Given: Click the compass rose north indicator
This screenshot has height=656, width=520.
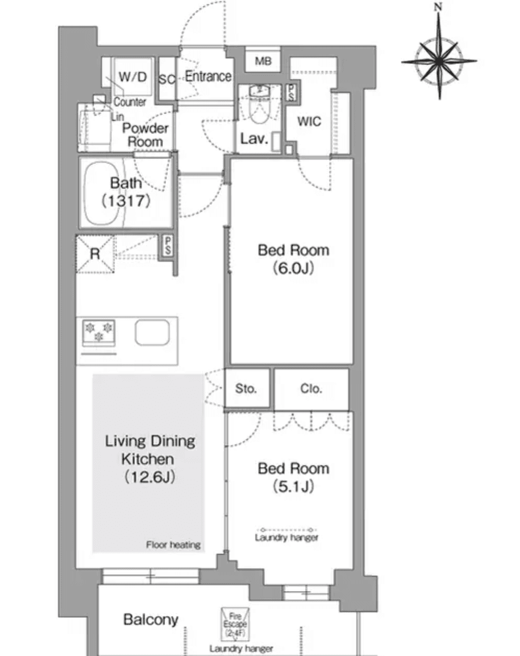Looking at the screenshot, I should (439, 7).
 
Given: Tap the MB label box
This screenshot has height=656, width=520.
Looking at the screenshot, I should (263, 61).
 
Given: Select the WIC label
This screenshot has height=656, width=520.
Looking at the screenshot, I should (309, 122).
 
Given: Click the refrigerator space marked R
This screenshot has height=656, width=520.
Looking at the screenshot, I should (95, 254).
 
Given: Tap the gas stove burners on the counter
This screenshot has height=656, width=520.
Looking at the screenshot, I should (99, 332).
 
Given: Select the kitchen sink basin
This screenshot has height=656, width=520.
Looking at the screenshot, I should (152, 332).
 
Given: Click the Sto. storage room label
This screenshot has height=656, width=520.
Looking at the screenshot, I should (246, 388).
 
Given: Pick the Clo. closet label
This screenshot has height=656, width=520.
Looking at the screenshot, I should (311, 388).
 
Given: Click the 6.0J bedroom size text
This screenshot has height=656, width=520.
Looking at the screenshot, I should (293, 269).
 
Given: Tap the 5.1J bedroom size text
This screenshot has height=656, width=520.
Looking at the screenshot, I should (293, 487).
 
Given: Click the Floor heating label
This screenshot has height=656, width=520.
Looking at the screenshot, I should (173, 545).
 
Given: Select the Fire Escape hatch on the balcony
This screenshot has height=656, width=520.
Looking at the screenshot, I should (235, 623).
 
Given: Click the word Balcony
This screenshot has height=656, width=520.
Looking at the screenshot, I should (151, 619).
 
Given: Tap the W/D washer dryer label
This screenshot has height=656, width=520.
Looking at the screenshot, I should (133, 77).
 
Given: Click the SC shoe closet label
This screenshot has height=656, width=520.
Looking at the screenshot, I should (167, 80).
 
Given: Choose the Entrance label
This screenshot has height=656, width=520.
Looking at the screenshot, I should (208, 76).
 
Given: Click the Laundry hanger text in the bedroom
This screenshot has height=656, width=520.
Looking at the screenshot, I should (286, 538).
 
